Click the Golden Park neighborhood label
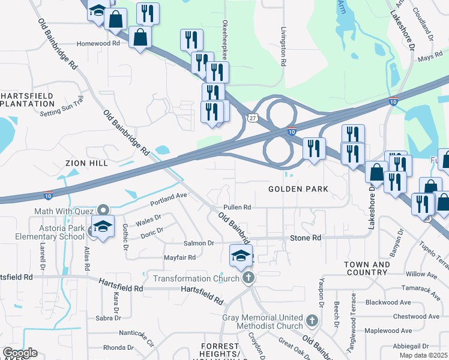298,189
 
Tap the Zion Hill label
86,163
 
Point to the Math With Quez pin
103,210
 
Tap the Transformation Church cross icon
249,278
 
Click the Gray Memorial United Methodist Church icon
312,321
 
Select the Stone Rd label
306,238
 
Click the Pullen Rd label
238,207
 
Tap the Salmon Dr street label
199,243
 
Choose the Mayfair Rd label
180,257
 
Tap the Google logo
20,353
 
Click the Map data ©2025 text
424,356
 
